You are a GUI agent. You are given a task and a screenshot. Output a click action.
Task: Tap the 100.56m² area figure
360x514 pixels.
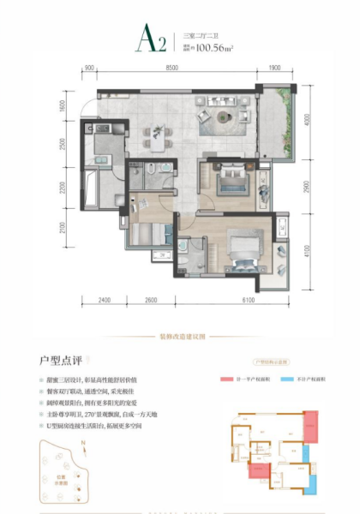214,49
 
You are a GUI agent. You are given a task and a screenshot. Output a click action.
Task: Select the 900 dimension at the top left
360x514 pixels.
87,68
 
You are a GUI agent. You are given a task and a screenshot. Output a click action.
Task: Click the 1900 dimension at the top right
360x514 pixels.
274,68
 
